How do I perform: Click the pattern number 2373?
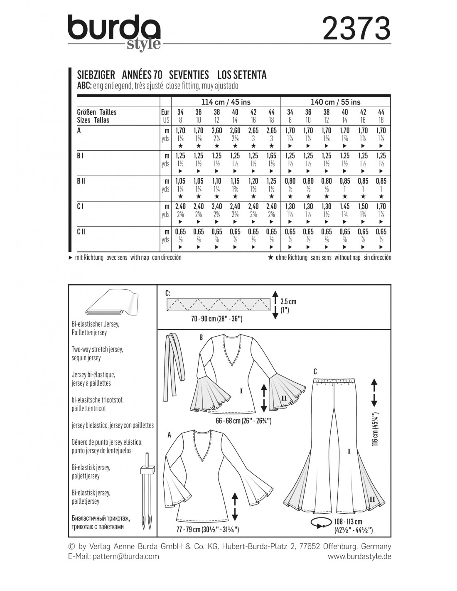[x=356, y=28]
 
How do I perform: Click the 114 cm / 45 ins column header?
[x=226, y=102]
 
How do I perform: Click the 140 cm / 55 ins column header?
[x=336, y=102]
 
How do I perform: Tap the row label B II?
[x=81, y=181]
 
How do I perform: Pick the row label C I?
[x=80, y=207]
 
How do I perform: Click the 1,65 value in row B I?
[x=271, y=156]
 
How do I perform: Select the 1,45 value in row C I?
[x=345, y=207]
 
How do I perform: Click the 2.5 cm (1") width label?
[x=288, y=305]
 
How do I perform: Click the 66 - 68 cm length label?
[x=243, y=421]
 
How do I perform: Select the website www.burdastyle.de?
[x=359, y=557]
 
